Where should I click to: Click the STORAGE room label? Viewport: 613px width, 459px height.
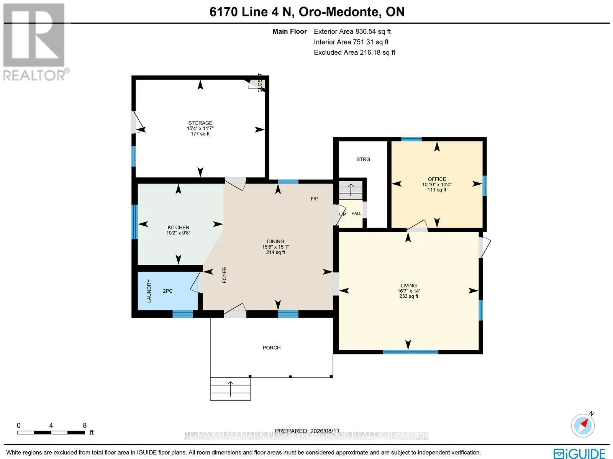pyautogui.click(x=200, y=123)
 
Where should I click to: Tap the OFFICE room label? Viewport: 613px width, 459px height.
pyautogui.click(x=437, y=179)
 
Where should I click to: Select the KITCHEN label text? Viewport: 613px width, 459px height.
pyautogui.click(x=178, y=228)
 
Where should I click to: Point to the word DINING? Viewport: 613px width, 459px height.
pyautogui.click(x=275, y=241)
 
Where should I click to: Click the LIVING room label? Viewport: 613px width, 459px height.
pyautogui.click(x=408, y=285)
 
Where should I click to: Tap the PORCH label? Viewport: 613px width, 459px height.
pyautogui.click(x=272, y=348)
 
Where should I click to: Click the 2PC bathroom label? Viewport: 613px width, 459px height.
pyautogui.click(x=167, y=291)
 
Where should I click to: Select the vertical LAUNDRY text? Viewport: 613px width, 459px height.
pyautogui.click(x=149, y=291)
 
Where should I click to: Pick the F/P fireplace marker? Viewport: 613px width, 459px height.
pyautogui.click(x=315, y=199)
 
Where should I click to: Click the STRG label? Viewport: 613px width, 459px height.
pyautogui.click(x=363, y=159)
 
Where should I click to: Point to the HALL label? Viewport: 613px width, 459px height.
pyautogui.click(x=356, y=213)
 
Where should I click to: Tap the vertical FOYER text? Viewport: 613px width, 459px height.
pyautogui.click(x=224, y=275)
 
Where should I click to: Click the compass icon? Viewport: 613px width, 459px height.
pyautogui.click(x=583, y=426)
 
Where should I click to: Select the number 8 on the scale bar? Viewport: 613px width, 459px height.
pyautogui.click(x=85, y=425)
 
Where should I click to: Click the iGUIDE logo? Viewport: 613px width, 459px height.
pyautogui.click(x=579, y=453)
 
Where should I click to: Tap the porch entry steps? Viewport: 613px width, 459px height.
pyautogui.click(x=230, y=389)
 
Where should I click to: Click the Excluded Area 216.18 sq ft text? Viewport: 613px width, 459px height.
pyautogui.click(x=354, y=52)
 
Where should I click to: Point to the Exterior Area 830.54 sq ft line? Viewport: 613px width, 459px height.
pyautogui.click(x=352, y=31)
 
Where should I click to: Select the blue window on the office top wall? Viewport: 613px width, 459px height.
pyautogui.click(x=411, y=139)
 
